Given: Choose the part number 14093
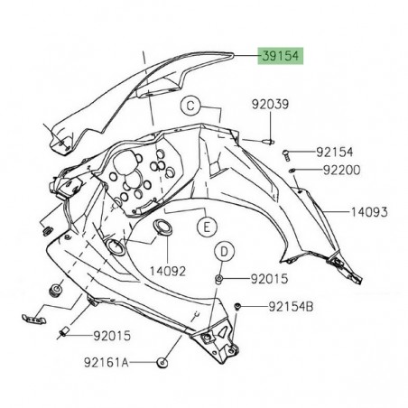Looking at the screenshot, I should tap(369, 213).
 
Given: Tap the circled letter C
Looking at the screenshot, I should tap(191, 105).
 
